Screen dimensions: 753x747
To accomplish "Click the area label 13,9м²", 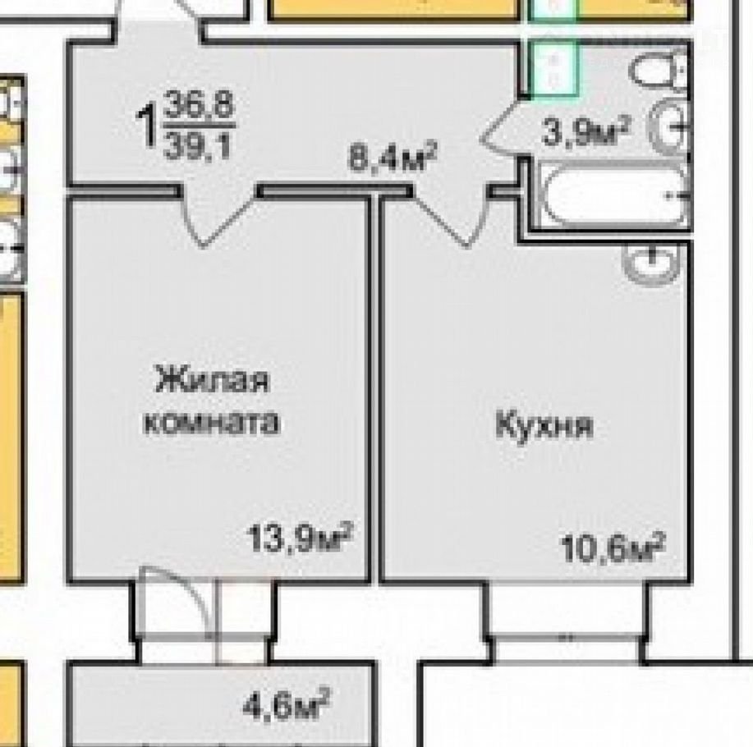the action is (301, 538).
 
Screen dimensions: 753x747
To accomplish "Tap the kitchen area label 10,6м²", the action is (613, 548).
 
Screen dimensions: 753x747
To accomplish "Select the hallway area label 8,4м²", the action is (393, 155).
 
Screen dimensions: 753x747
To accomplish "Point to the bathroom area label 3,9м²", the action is (585, 131).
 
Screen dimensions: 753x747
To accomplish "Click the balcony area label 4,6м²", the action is (287, 703).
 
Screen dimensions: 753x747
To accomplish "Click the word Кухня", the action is (544, 425).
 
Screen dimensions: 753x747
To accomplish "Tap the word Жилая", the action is (213, 379).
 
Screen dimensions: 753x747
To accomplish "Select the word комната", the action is (211, 423).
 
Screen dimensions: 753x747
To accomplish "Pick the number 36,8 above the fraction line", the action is (199, 107).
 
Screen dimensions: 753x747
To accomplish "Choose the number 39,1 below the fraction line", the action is (197, 145).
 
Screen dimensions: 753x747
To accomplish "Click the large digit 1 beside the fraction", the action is (146, 126).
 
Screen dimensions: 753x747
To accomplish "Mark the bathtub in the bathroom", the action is (613, 195).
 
